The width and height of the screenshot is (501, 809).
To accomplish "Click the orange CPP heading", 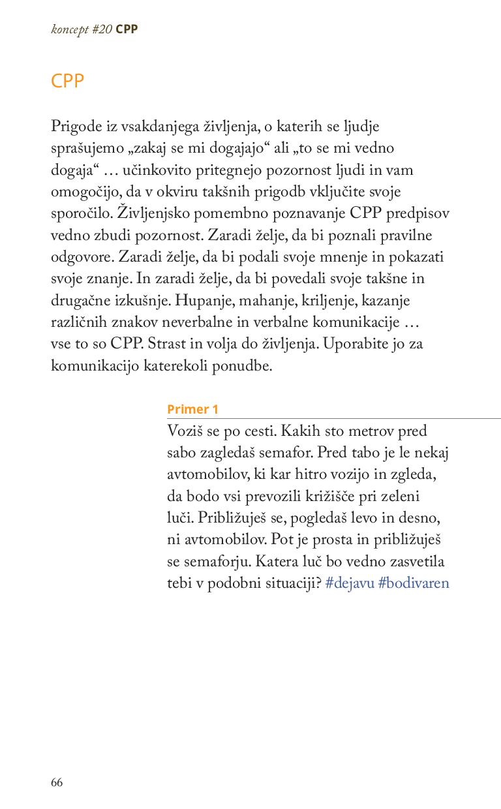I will point(68,81).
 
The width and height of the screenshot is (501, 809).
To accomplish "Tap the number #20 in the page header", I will point(102,29).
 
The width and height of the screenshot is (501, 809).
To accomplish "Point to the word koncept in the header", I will point(70,30).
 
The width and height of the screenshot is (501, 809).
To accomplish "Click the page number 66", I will point(57,783).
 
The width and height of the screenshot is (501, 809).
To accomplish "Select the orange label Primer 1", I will point(192,409).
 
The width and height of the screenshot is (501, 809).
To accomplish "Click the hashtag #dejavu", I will point(349,583).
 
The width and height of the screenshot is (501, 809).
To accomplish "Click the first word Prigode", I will point(75,126).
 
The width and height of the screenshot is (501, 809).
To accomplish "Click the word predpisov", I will point(417,213).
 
